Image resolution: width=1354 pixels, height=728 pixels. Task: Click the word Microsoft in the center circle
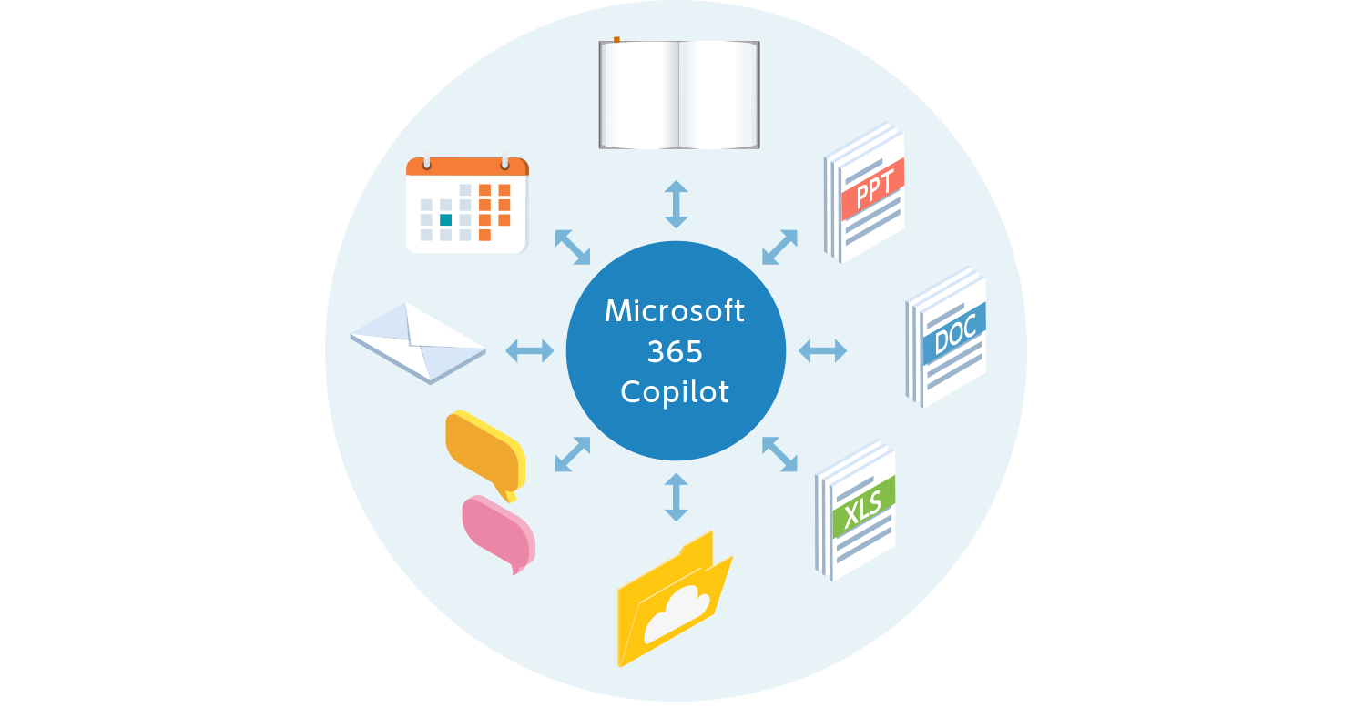(x=675, y=311)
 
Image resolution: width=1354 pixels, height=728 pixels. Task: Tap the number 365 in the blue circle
(x=675, y=351)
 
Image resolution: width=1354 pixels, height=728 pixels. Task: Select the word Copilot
(x=675, y=391)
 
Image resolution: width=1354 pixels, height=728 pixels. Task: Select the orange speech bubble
(x=483, y=450)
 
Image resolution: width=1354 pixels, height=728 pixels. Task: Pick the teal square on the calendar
(x=445, y=219)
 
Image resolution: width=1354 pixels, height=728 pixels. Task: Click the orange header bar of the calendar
(x=467, y=167)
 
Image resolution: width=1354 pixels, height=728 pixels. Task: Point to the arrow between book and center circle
(x=676, y=204)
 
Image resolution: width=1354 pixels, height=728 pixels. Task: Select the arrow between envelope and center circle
(x=529, y=349)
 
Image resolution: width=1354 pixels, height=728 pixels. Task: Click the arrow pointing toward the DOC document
(x=822, y=350)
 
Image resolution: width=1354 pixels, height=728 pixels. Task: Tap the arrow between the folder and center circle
(x=676, y=497)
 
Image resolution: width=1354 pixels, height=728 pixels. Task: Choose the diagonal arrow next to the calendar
(x=573, y=247)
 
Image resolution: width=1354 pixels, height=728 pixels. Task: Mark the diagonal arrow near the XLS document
(x=779, y=454)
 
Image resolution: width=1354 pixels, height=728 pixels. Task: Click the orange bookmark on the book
(x=616, y=39)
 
